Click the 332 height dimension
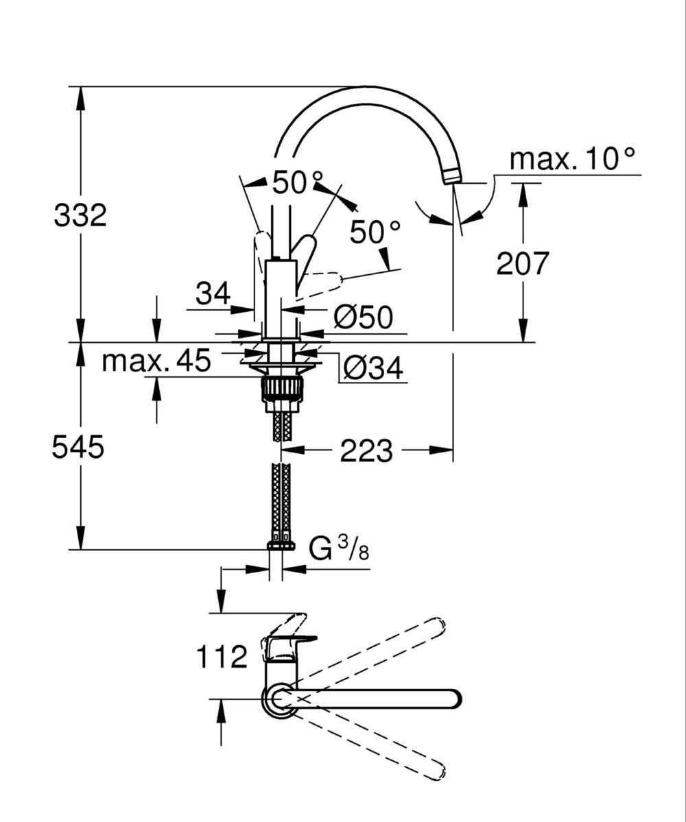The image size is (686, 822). click(x=81, y=216)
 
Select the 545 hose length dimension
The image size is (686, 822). click(x=78, y=448)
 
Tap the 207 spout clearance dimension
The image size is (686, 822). click(x=523, y=263)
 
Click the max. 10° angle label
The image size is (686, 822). click(x=573, y=160)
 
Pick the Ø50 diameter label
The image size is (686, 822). click(x=363, y=317)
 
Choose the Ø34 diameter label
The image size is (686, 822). click(x=372, y=370)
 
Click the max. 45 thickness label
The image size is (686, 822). click(x=156, y=360)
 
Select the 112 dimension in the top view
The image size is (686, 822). click(x=222, y=657)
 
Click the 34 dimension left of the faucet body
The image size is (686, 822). click(x=213, y=295)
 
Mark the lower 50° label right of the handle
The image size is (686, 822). click(x=375, y=232)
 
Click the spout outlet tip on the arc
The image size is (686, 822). click(x=451, y=177)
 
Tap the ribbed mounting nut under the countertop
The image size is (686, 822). click(x=281, y=391)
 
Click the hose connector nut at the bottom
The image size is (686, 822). click(x=281, y=546)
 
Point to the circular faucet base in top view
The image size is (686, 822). click(x=279, y=699)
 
